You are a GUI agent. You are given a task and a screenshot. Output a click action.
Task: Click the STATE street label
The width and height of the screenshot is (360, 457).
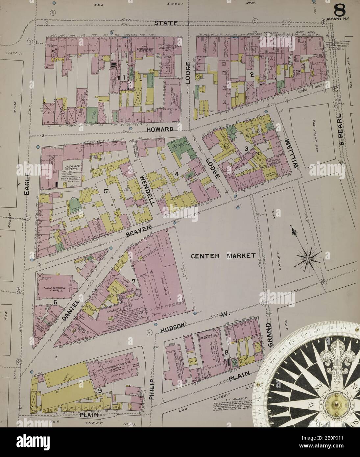tap(167, 23)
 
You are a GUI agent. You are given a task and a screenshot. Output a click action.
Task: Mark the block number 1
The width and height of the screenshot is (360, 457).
tap(123, 78)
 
